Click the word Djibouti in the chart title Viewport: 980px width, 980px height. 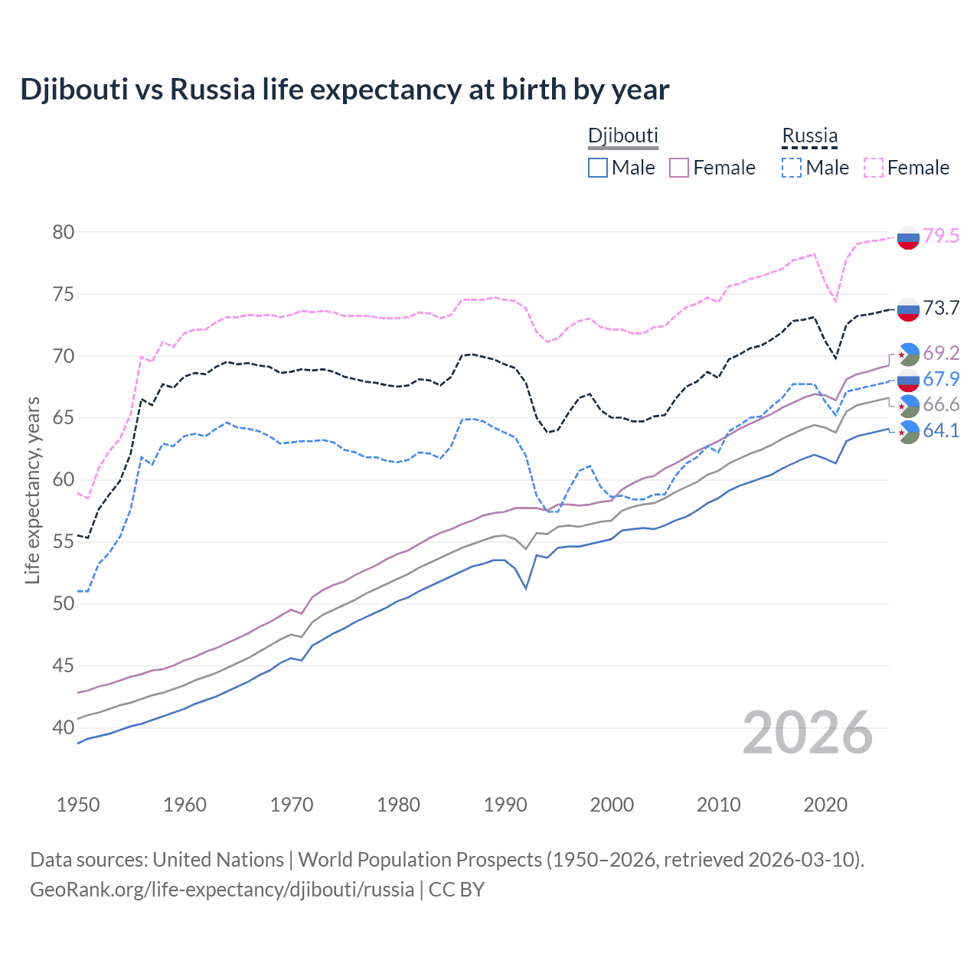tap(74, 90)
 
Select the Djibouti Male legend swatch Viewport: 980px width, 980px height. tap(598, 168)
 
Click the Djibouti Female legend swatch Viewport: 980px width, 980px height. tap(679, 168)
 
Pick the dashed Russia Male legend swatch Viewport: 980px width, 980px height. tap(792, 168)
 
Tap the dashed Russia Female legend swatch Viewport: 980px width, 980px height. tap(874, 168)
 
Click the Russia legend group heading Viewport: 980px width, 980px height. tap(809, 136)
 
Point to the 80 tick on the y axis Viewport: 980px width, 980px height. tap(64, 232)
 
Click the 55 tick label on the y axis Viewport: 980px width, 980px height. tap(64, 542)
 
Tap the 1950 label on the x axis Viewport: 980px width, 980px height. tap(78, 805)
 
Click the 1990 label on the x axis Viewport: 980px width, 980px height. tap(505, 805)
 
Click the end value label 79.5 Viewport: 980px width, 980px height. tap(941, 236)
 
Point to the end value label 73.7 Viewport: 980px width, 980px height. tap(941, 308)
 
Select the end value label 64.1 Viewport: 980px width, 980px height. tap(941, 430)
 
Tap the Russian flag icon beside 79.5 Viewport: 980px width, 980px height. tap(908, 238)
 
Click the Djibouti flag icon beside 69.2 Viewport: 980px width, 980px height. tap(908, 354)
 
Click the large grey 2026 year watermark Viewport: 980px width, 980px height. tap(808, 733)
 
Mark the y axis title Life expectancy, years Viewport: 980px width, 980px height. tap(32, 490)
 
